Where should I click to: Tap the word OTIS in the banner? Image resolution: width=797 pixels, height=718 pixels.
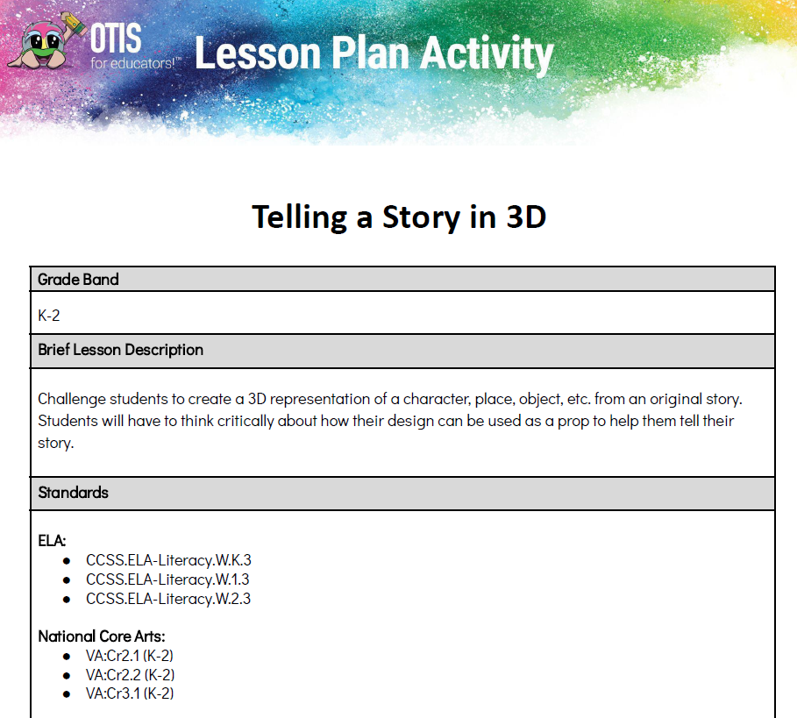pyautogui.click(x=116, y=38)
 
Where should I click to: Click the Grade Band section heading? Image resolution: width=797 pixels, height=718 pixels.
pyautogui.click(x=78, y=280)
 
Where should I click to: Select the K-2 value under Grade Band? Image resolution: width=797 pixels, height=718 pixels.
pyautogui.click(x=49, y=316)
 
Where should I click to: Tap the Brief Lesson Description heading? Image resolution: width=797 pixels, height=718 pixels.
pyautogui.click(x=120, y=350)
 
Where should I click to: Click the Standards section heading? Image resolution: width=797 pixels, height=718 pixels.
pyautogui.click(x=73, y=493)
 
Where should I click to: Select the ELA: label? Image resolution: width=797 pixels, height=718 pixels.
pyautogui.click(x=52, y=541)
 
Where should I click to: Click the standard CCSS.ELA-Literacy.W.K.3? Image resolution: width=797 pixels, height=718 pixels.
pyautogui.click(x=168, y=560)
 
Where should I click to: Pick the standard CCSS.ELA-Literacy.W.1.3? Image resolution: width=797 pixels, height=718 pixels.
pyautogui.click(x=167, y=579)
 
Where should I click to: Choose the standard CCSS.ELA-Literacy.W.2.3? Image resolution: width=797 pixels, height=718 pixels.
pyautogui.click(x=168, y=599)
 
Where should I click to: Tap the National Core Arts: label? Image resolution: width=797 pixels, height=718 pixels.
pyautogui.click(x=102, y=636)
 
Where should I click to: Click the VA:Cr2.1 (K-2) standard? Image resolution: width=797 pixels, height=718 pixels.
pyautogui.click(x=130, y=656)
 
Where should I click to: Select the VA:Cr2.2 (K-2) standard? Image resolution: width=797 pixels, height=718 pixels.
pyautogui.click(x=130, y=675)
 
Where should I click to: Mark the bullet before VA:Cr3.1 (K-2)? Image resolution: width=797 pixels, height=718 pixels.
pyautogui.click(x=67, y=694)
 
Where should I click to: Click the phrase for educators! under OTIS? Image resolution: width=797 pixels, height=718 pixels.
pyautogui.click(x=133, y=63)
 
